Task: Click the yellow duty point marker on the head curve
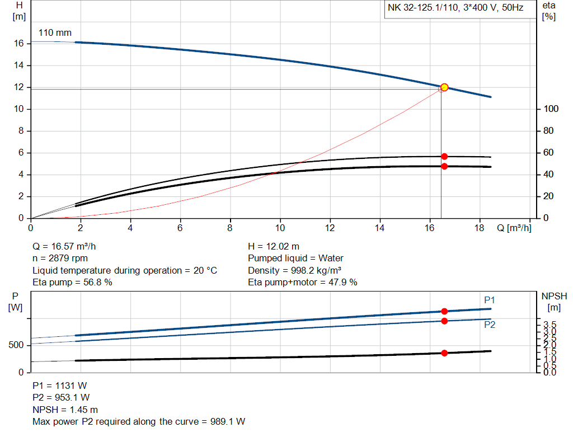(444, 87)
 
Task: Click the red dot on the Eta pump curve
(444, 157)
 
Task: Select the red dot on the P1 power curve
(444, 311)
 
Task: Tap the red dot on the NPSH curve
(444, 353)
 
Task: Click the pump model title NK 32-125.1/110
(455, 8)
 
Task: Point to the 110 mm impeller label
(55, 33)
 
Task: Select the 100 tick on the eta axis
(548, 109)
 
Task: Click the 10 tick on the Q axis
(280, 228)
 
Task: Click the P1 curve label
(490, 300)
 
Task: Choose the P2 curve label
(490, 325)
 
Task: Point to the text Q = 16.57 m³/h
(68, 246)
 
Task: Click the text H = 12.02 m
(274, 246)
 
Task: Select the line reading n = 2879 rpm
(60, 259)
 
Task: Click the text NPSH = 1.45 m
(65, 410)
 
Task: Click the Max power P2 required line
(139, 421)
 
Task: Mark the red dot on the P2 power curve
(444, 321)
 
